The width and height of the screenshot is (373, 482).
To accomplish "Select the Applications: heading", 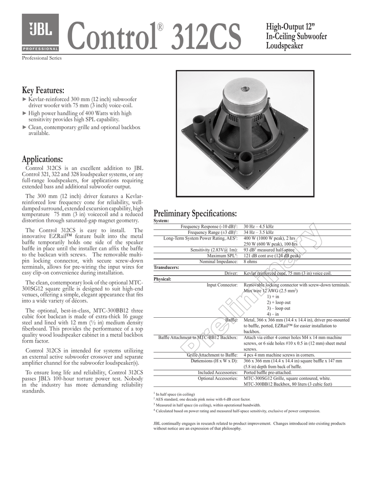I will click(42, 160).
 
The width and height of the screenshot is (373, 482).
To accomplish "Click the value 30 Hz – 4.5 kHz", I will click(258, 226).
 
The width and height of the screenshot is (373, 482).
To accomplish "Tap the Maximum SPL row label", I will click(219, 256).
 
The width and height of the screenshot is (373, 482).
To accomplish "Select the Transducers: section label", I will click(166, 267).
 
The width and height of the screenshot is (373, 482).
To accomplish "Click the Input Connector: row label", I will click(222, 285).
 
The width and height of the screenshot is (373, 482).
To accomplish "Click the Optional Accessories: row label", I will click(217, 378).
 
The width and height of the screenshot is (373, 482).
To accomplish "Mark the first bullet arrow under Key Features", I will click(25, 99).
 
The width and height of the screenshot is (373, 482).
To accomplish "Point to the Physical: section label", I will click(163, 279).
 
